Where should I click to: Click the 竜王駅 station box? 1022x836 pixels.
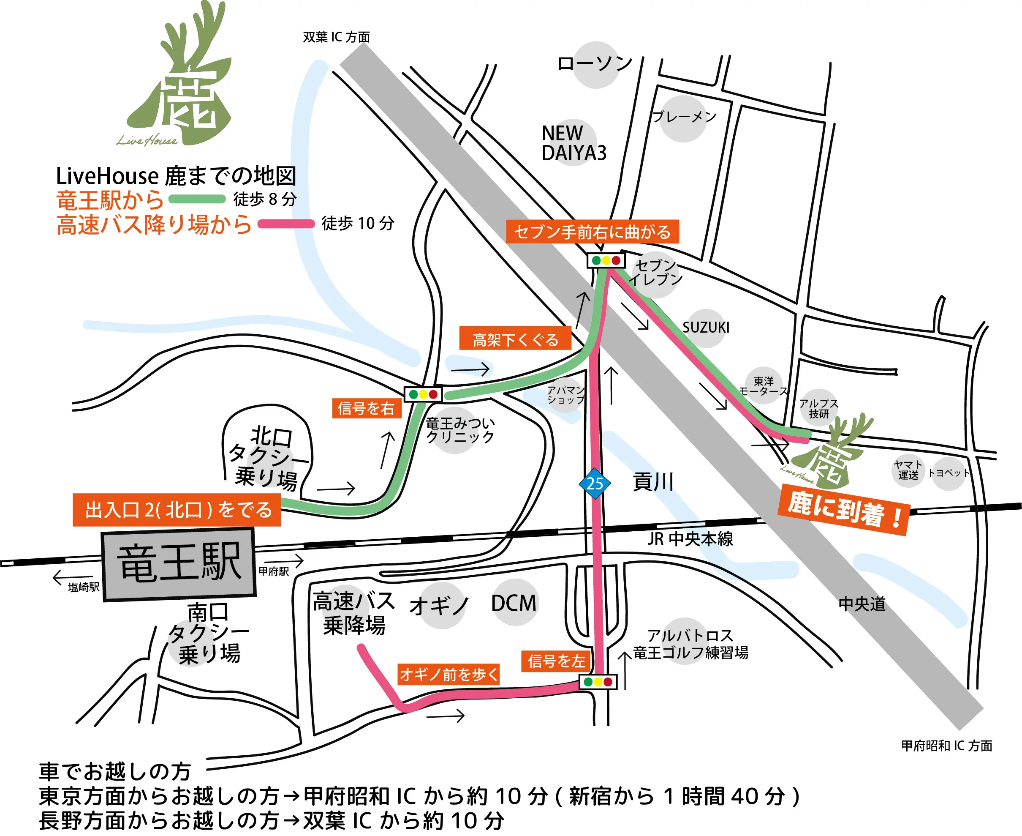tap(179, 564)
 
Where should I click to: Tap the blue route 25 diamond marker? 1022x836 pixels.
tap(595, 484)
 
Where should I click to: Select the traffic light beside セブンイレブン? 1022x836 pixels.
tap(606, 260)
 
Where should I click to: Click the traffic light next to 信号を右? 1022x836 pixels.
tap(423, 394)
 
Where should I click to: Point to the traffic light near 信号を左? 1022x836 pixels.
tap(598, 682)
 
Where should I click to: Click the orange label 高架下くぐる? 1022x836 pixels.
tap(515, 339)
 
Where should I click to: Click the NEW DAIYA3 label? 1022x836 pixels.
tap(574, 143)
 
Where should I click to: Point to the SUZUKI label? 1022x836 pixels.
tap(706, 328)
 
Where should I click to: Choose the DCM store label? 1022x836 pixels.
tap(514, 603)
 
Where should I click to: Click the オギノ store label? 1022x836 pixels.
tap(439, 605)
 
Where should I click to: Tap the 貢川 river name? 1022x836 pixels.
tap(653, 481)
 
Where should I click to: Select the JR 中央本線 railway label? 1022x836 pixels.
tap(690, 538)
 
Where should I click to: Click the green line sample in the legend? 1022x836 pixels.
tap(197, 199)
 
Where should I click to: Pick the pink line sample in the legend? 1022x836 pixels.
tap(286, 224)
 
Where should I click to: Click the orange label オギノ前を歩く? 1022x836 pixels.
tap(448, 674)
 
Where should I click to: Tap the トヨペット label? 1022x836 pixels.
tap(949, 473)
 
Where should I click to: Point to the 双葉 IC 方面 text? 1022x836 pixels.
tap(336, 37)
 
